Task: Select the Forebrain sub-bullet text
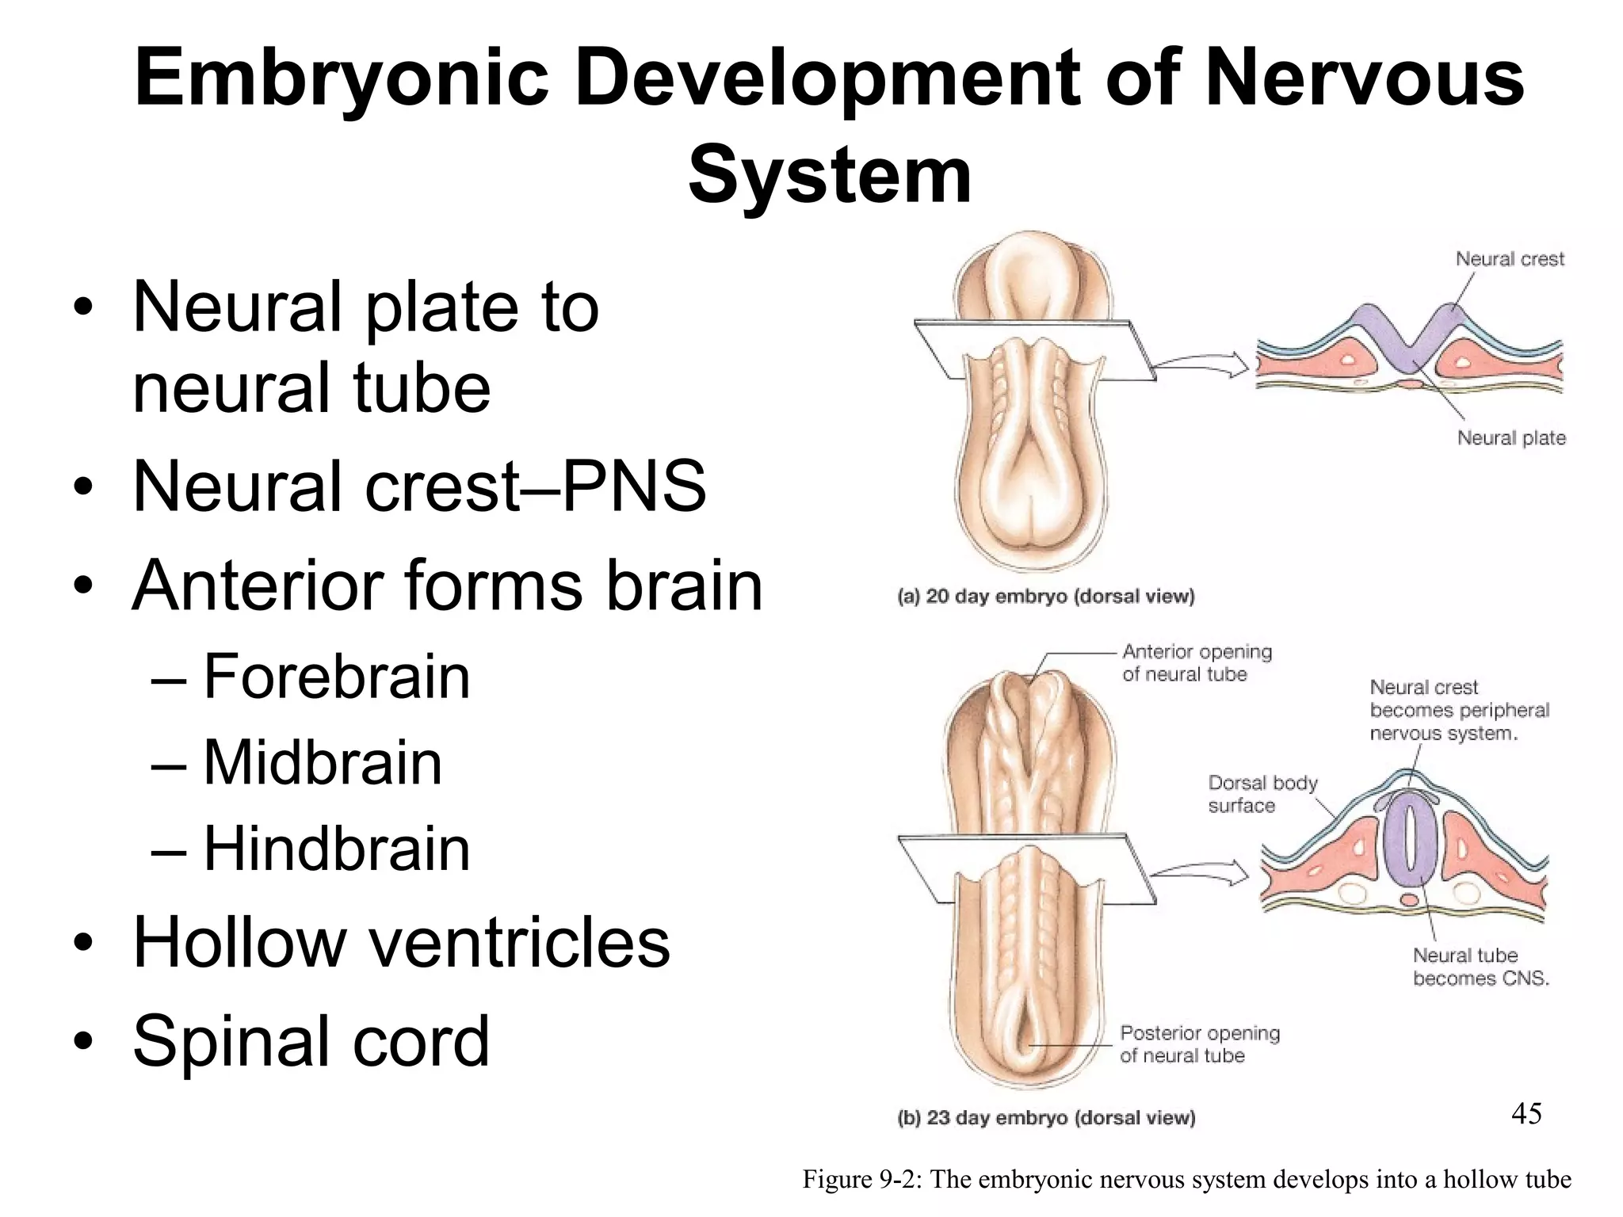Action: click(x=337, y=677)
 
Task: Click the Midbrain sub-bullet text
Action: click(x=323, y=763)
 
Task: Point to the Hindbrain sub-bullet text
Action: click(x=337, y=849)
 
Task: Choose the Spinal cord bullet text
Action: click(x=311, y=1041)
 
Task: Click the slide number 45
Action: click(x=1526, y=1114)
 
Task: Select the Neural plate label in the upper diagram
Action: click(x=1511, y=438)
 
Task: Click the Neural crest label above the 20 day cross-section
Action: click(x=1510, y=259)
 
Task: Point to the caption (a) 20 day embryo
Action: click(x=1045, y=597)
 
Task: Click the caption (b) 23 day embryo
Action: click(x=1045, y=1118)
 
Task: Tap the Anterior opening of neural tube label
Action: click(x=1196, y=663)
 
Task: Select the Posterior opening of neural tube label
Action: click(x=1199, y=1044)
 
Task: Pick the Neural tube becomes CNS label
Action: click(x=1480, y=967)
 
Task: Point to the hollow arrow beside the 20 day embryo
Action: click(x=1201, y=365)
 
